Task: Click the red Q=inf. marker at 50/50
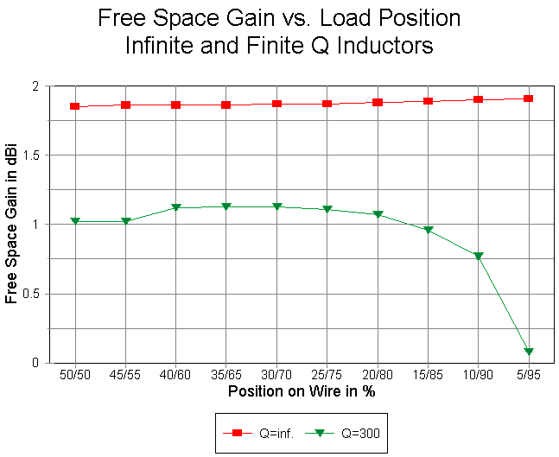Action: tap(75, 106)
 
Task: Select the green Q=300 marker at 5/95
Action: tap(528, 352)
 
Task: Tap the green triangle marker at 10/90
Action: tap(478, 256)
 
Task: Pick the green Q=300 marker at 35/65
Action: tap(226, 206)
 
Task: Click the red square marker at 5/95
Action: tap(528, 98)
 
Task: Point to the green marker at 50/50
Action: tap(75, 221)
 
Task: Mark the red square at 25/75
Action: tap(327, 104)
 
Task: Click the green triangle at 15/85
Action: tap(428, 230)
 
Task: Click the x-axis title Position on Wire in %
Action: tap(302, 391)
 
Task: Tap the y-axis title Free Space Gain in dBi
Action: tap(12, 225)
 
